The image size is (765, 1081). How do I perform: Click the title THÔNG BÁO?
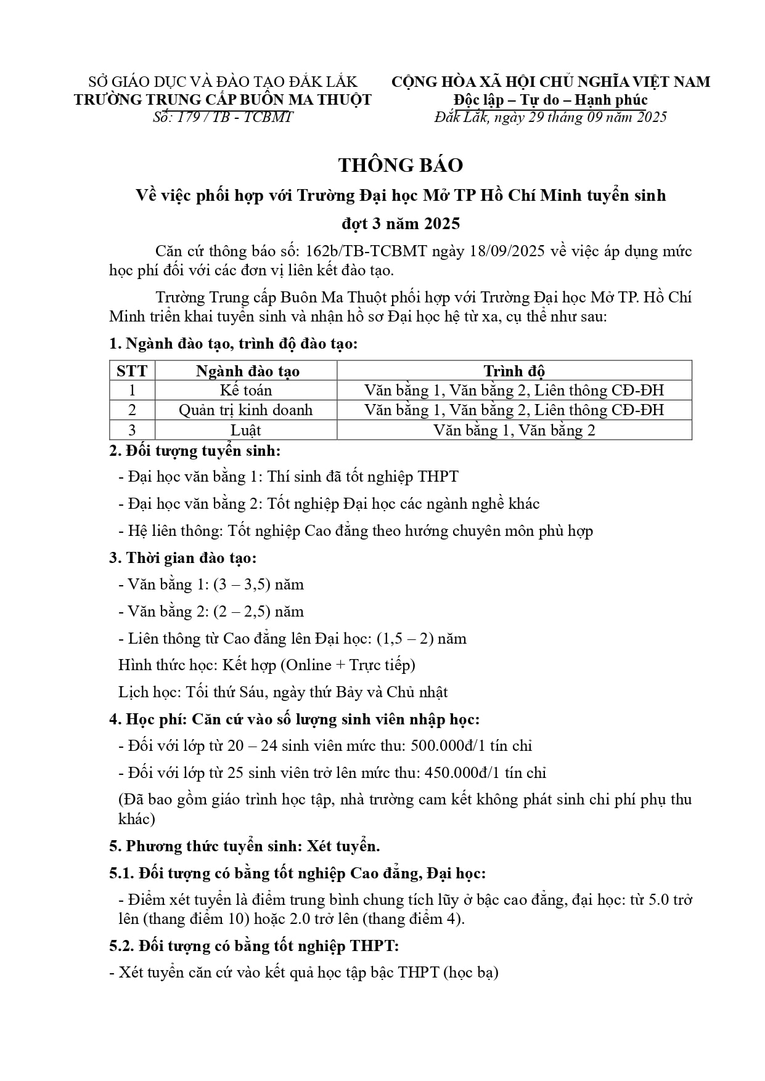pyautogui.click(x=400, y=165)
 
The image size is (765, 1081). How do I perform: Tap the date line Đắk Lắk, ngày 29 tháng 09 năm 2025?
pyautogui.click(x=550, y=117)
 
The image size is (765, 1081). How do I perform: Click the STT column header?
pyautogui.click(x=132, y=371)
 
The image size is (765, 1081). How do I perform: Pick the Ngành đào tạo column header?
pyautogui.click(x=247, y=371)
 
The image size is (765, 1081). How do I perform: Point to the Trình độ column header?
pyautogui.click(x=513, y=371)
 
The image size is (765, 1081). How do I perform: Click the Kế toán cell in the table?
pyautogui.click(x=246, y=391)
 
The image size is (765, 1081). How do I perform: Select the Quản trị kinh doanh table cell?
pyautogui.click(x=246, y=410)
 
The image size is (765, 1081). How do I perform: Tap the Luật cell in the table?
pyautogui.click(x=246, y=430)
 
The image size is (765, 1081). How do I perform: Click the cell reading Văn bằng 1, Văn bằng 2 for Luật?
pyautogui.click(x=513, y=430)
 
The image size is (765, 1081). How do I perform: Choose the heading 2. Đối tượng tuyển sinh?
pyautogui.click(x=195, y=451)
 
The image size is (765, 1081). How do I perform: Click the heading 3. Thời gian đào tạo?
pyautogui.click(x=183, y=558)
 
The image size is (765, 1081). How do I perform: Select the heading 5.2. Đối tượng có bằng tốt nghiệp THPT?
pyautogui.click(x=254, y=945)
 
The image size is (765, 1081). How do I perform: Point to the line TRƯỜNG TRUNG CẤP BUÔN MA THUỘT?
pyautogui.click(x=223, y=100)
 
